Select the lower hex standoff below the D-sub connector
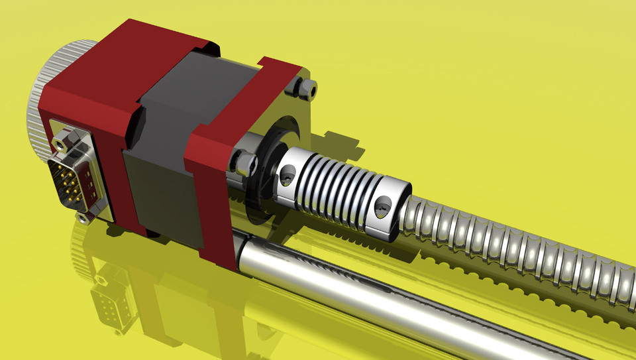pyautogui.click(x=82, y=217)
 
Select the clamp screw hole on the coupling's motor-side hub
pyautogui.click(x=287, y=174)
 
